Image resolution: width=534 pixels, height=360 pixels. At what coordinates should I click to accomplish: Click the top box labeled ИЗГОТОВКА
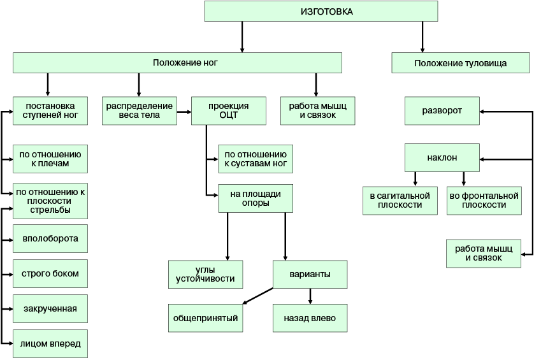point(321,11)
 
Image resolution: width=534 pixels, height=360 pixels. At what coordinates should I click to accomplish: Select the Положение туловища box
point(461,62)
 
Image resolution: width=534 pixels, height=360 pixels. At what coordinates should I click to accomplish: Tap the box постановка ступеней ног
point(50,111)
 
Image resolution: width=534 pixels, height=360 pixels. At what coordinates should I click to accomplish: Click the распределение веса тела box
point(140,111)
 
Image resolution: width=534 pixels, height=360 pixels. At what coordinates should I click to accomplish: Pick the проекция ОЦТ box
point(229,111)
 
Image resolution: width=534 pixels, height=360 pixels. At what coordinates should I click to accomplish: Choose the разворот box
point(442,111)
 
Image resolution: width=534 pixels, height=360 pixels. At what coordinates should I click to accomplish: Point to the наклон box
point(442,157)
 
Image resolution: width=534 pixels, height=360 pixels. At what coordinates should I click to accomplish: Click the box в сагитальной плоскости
point(400,201)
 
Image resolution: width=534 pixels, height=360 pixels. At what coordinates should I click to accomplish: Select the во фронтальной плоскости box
point(484,201)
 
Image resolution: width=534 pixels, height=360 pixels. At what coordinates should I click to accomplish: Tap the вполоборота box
point(50,238)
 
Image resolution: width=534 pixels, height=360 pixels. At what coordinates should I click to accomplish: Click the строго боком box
point(50,273)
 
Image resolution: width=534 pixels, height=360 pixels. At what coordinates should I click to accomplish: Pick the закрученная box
point(50,308)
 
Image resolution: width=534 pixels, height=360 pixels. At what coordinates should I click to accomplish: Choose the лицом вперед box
point(50,343)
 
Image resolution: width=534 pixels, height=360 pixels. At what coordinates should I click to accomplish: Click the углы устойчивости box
point(205,275)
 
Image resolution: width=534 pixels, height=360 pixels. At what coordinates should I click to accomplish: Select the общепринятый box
point(205,318)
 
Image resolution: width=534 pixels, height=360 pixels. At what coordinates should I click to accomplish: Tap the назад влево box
point(310,318)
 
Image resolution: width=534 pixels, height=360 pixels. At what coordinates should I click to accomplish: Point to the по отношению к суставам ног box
point(256,159)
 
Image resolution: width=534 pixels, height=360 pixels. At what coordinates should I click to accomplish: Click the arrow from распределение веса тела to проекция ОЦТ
point(184,112)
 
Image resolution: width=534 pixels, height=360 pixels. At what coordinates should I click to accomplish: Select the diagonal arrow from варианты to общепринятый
point(258,296)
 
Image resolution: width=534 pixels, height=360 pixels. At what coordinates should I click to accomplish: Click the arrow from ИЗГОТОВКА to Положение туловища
point(422,37)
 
